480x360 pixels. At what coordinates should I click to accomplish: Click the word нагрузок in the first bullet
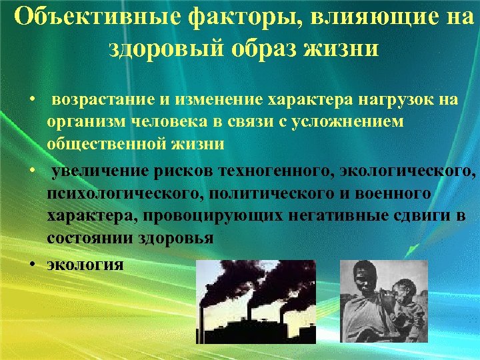click(x=389, y=99)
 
